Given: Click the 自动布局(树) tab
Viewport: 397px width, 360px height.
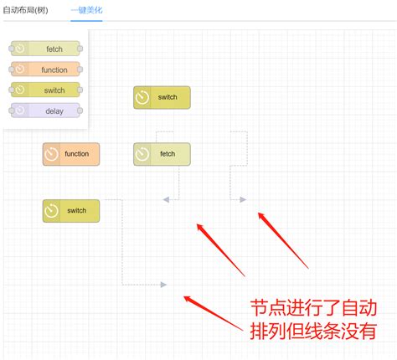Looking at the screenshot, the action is pos(25,10).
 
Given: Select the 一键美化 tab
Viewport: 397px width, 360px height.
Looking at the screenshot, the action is pos(86,10).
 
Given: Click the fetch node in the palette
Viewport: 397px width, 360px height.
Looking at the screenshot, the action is pos(45,49).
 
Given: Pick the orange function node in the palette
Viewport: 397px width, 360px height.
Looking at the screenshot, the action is pos(45,69).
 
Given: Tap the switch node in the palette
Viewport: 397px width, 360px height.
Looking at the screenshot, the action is pos(45,90).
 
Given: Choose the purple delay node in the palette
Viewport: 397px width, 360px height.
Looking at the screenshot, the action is pos(45,111).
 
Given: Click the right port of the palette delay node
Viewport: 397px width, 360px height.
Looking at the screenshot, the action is pos(80,111).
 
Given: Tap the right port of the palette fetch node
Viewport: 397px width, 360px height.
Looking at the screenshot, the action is pos(80,49).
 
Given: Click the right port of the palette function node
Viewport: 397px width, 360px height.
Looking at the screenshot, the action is pos(80,69).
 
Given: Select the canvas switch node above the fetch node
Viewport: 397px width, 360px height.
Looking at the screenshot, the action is pos(162,97).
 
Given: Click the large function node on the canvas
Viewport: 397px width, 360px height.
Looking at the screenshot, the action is pos(71,154).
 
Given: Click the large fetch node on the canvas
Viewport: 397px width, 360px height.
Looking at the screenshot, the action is pos(162,154).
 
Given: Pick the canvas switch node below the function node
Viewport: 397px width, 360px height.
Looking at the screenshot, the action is pos(71,211).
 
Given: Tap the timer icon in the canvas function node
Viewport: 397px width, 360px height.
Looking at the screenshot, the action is pos(52,154).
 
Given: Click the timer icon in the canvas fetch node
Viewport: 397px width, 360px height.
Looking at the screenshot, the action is pos(142,154).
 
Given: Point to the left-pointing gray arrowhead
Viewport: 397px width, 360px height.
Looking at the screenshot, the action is pos(166,199).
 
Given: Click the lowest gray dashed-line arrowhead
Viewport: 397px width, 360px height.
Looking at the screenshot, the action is pos(163,285).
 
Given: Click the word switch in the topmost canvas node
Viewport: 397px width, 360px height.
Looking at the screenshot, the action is pos(168,97).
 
